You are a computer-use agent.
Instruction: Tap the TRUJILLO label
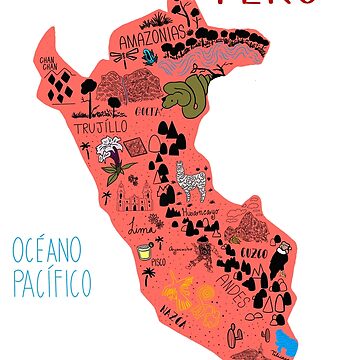coord(100,127)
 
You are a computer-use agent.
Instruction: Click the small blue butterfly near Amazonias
coord(150,58)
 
